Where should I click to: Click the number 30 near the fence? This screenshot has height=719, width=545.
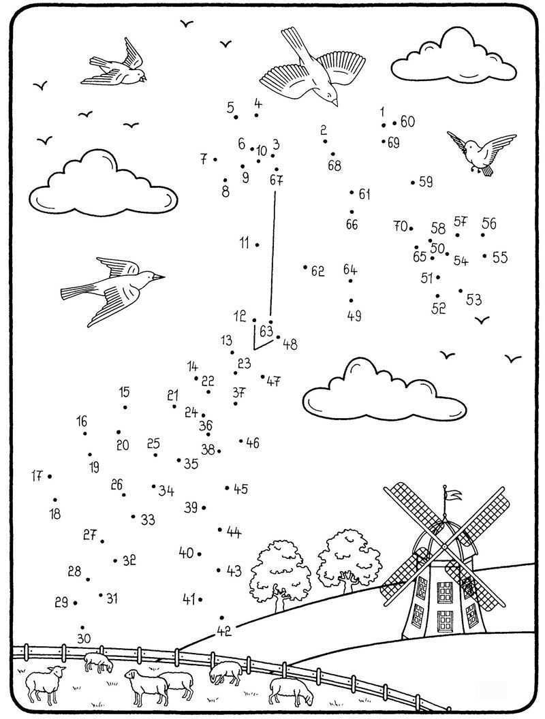click(x=83, y=639)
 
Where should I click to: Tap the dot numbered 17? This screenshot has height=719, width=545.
click(x=50, y=477)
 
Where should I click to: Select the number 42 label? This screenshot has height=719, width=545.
click(x=224, y=631)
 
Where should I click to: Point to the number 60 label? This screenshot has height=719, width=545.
click(x=407, y=122)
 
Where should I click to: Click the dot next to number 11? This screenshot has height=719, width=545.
click(x=257, y=244)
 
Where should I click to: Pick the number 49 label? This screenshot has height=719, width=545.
click(x=354, y=316)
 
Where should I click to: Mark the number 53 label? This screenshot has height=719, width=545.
click(x=474, y=300)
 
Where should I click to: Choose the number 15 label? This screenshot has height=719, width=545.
click(x=124, y=392)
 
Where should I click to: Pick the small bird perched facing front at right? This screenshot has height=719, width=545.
click(x=481, y=151)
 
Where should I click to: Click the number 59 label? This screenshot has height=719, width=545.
click(x=426, y=182)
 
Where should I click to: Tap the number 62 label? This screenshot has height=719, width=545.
click(x=317, y=271)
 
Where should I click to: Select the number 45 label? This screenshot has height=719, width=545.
click(x=240, y=489)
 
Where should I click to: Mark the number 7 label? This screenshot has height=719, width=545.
click(x=204, y=159)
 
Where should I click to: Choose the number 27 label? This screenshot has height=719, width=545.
click(x=90, y=535)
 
